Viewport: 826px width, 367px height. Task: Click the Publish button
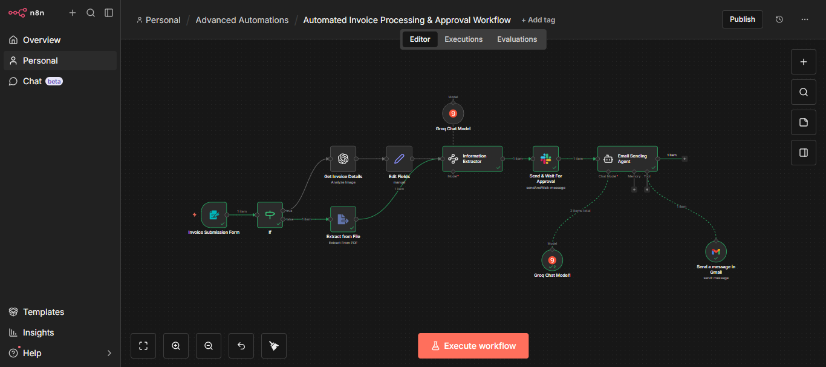point(742,19)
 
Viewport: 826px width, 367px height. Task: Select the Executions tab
point(463,39)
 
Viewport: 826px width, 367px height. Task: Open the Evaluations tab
point(516,39)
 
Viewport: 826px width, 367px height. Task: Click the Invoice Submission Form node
point(213,215)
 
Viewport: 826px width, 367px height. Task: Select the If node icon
point(270,215)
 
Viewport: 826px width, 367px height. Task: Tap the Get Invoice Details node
point(343,159)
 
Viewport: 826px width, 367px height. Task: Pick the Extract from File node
point(343,219)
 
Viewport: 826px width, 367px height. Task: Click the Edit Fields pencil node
point(399,159)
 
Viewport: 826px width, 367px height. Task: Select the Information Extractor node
point(472,159)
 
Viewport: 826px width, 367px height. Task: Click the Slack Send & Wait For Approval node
point(545,159)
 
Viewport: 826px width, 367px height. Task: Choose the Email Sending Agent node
point(627,159)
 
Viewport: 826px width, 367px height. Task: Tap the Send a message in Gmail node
point(716,251)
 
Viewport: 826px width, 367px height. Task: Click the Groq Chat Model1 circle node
point(552,260)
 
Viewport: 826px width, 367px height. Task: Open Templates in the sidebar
point(43,312)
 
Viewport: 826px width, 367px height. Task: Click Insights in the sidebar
point(38,332)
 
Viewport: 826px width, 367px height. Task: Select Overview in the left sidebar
point(41,40)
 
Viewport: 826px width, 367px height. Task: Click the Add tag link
point(538,20)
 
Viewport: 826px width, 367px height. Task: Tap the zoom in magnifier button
point(176,346)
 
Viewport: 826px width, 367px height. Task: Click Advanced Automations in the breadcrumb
point(242,20)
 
